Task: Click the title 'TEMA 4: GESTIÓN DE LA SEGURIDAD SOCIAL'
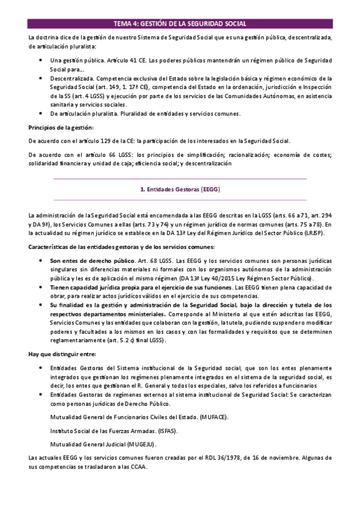click(x=180, y=24)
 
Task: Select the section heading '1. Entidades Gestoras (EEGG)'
click(x=180, y=189)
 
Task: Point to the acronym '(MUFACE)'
click(x=208, y=416)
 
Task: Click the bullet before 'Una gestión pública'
click(x=40, y=61)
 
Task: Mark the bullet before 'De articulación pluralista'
click(x=40, y=114)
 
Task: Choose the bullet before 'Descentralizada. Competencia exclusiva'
click(x=40, y=79)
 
